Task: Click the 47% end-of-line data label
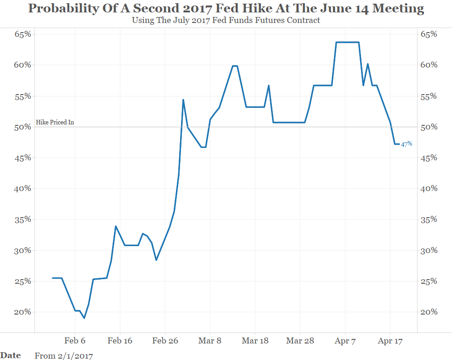coord(407,144)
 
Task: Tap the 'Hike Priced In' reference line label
coord(55,123)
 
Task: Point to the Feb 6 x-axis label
coord(75,341)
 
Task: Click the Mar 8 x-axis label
coord(210,341)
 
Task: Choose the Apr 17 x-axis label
coord(390,341)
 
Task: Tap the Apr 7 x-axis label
coord(345,341)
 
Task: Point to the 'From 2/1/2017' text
coord(63,355)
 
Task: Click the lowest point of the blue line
coord(84,318)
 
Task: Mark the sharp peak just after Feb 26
coord(183,100)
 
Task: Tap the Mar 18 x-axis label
coord(255,341)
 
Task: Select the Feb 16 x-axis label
coord(120,341)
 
